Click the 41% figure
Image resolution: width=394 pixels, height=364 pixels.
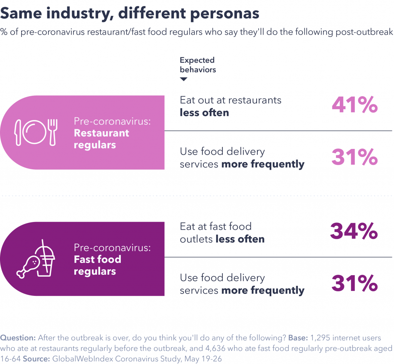coord(354,105)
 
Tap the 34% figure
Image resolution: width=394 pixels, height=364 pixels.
coord(354,231)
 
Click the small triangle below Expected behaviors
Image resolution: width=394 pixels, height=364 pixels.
coord(184,79)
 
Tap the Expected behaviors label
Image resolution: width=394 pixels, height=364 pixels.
coord(197,65)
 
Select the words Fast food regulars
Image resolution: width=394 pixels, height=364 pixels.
coord(97,265)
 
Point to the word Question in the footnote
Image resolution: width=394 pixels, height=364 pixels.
coord(18,338)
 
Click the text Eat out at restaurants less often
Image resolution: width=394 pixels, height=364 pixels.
coord(230,106)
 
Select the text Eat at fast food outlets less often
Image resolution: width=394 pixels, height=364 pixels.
coord(222,232)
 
